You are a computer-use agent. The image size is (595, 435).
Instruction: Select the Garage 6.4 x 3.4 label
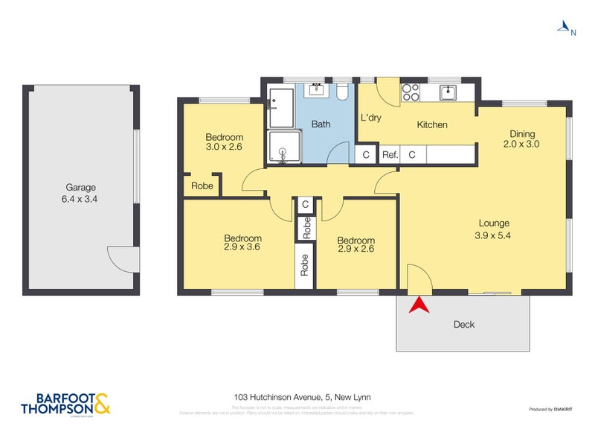80,193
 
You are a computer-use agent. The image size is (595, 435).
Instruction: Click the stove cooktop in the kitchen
411,92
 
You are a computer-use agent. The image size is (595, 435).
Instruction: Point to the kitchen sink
448,92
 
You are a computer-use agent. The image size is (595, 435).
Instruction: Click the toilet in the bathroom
342,92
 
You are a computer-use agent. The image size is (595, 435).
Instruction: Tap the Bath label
321,124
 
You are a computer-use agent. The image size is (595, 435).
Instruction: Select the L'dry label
371,118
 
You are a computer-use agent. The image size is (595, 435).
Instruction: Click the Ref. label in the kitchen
390,155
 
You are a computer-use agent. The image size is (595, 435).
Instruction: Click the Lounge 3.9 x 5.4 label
494,229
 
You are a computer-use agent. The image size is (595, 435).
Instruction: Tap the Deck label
463,324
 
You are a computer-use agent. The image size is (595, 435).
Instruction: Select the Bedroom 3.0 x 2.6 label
224,142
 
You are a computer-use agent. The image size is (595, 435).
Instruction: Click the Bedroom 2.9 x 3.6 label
242,244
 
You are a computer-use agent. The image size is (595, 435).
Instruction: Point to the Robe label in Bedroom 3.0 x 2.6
202,186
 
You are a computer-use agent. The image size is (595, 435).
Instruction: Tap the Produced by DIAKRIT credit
550,409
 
